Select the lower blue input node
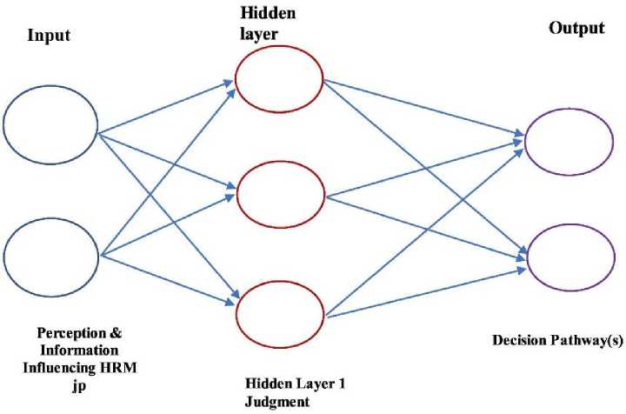tap(51, 257)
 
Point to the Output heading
tap(576, 28)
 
